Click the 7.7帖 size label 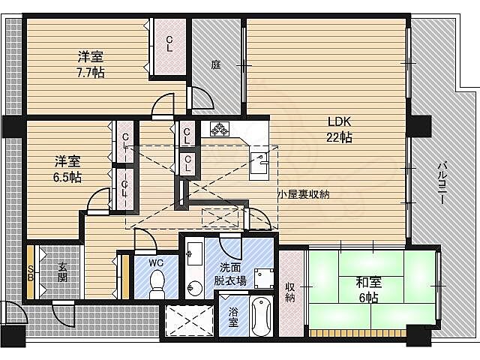point(91,72)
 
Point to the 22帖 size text point(339,137)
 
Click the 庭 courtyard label point(216,65)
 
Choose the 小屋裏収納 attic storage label point(304,193)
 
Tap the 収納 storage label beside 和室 point(291,292)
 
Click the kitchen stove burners point(217,129)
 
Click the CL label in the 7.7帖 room point(169,44)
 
